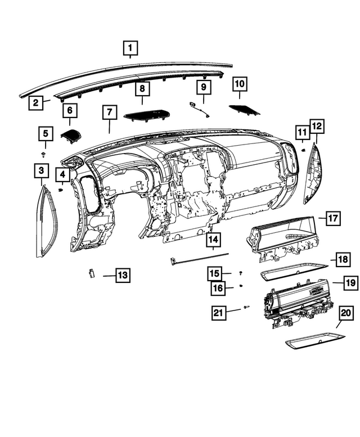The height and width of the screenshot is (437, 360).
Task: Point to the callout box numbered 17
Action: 334,218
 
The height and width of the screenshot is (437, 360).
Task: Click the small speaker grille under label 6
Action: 71,135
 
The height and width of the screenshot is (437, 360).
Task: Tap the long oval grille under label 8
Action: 145,114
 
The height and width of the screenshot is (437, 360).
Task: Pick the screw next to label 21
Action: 246,308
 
